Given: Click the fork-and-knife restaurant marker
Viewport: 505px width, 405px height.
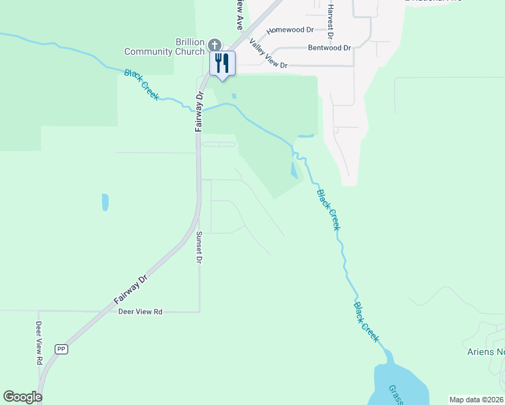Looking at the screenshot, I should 222,63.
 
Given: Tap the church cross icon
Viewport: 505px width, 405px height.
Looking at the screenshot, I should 215,45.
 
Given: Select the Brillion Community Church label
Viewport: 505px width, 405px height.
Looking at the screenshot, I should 164,47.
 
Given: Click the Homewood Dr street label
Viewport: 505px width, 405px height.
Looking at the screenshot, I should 290,30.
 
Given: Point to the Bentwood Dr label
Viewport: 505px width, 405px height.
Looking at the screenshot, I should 329,48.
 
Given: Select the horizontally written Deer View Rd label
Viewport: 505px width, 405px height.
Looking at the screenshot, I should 140,312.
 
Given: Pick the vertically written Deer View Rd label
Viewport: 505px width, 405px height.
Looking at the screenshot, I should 38,342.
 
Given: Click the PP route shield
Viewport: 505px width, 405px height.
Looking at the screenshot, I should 61,349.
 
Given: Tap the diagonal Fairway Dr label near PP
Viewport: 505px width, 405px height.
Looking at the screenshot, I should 130,289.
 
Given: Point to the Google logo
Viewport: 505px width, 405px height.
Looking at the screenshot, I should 22,397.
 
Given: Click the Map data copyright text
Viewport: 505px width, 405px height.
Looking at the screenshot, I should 476,400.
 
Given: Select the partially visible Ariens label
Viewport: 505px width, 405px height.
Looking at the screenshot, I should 485,352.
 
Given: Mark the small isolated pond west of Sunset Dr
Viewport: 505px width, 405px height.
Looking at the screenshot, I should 105,202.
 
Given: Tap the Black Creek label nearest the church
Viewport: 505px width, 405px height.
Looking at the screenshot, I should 141,84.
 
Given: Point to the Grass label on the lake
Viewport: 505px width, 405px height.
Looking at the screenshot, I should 395,394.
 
